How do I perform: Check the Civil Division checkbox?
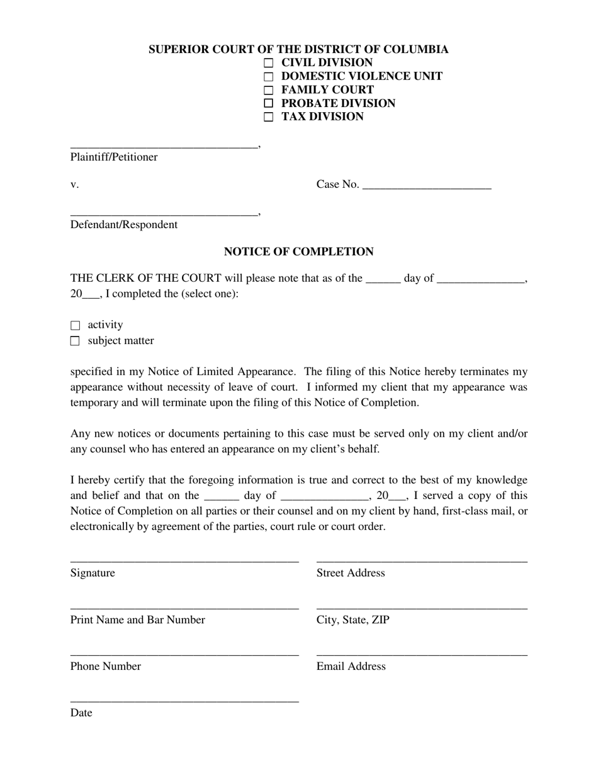269,63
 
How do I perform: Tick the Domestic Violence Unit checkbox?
269,77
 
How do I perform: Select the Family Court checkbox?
269,90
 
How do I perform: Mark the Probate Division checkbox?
269,103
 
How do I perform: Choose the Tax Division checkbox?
269,117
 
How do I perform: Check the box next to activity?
76,326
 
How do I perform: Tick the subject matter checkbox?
76,342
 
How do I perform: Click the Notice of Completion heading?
298,252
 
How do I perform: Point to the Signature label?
93,573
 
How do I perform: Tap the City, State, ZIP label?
353,620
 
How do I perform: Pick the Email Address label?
351,667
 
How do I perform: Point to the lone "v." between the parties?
74,185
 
